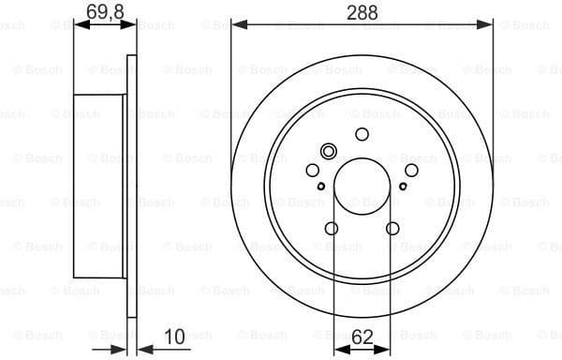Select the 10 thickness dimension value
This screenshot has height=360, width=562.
click(x=173, y=334)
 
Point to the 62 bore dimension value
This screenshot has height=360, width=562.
click(x=362, y=334)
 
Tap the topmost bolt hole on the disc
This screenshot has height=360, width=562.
click(x=362, y=134)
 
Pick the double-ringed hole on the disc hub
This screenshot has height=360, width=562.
click(x=328, y=152)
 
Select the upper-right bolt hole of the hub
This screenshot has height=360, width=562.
click(x=410, y=170)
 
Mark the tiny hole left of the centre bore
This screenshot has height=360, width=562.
click(x=322, y=187)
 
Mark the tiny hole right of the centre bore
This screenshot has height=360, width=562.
click(x=402, y=187)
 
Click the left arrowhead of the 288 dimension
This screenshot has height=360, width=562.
click(x=236, y=23)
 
